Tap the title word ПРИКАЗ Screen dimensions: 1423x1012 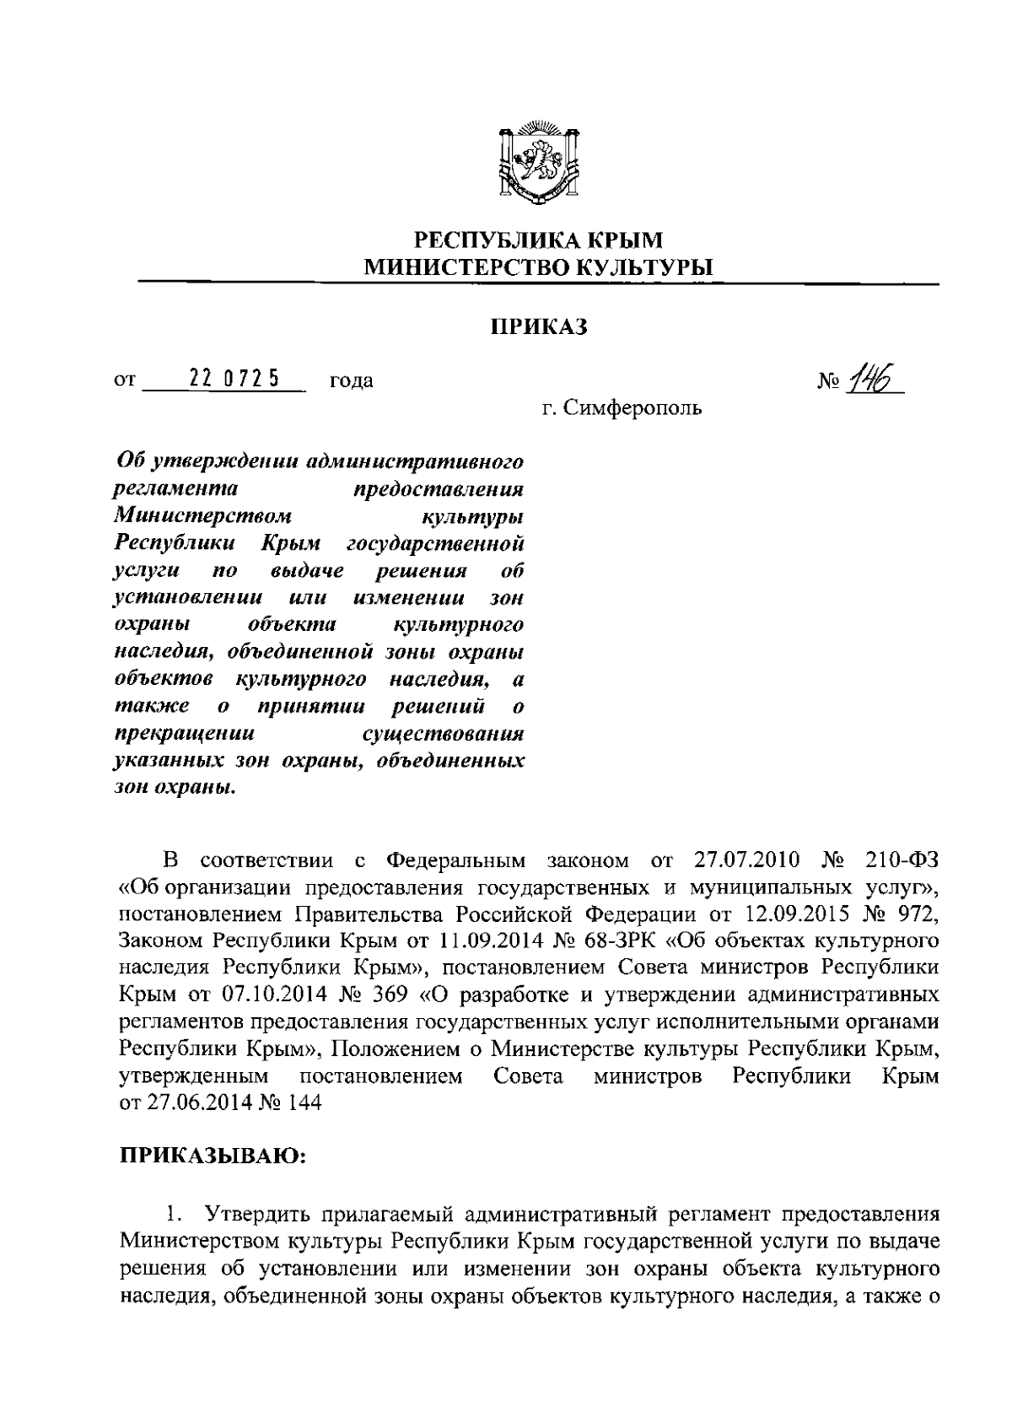[x=539, y=327]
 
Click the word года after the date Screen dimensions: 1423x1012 [x=351, y=381]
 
